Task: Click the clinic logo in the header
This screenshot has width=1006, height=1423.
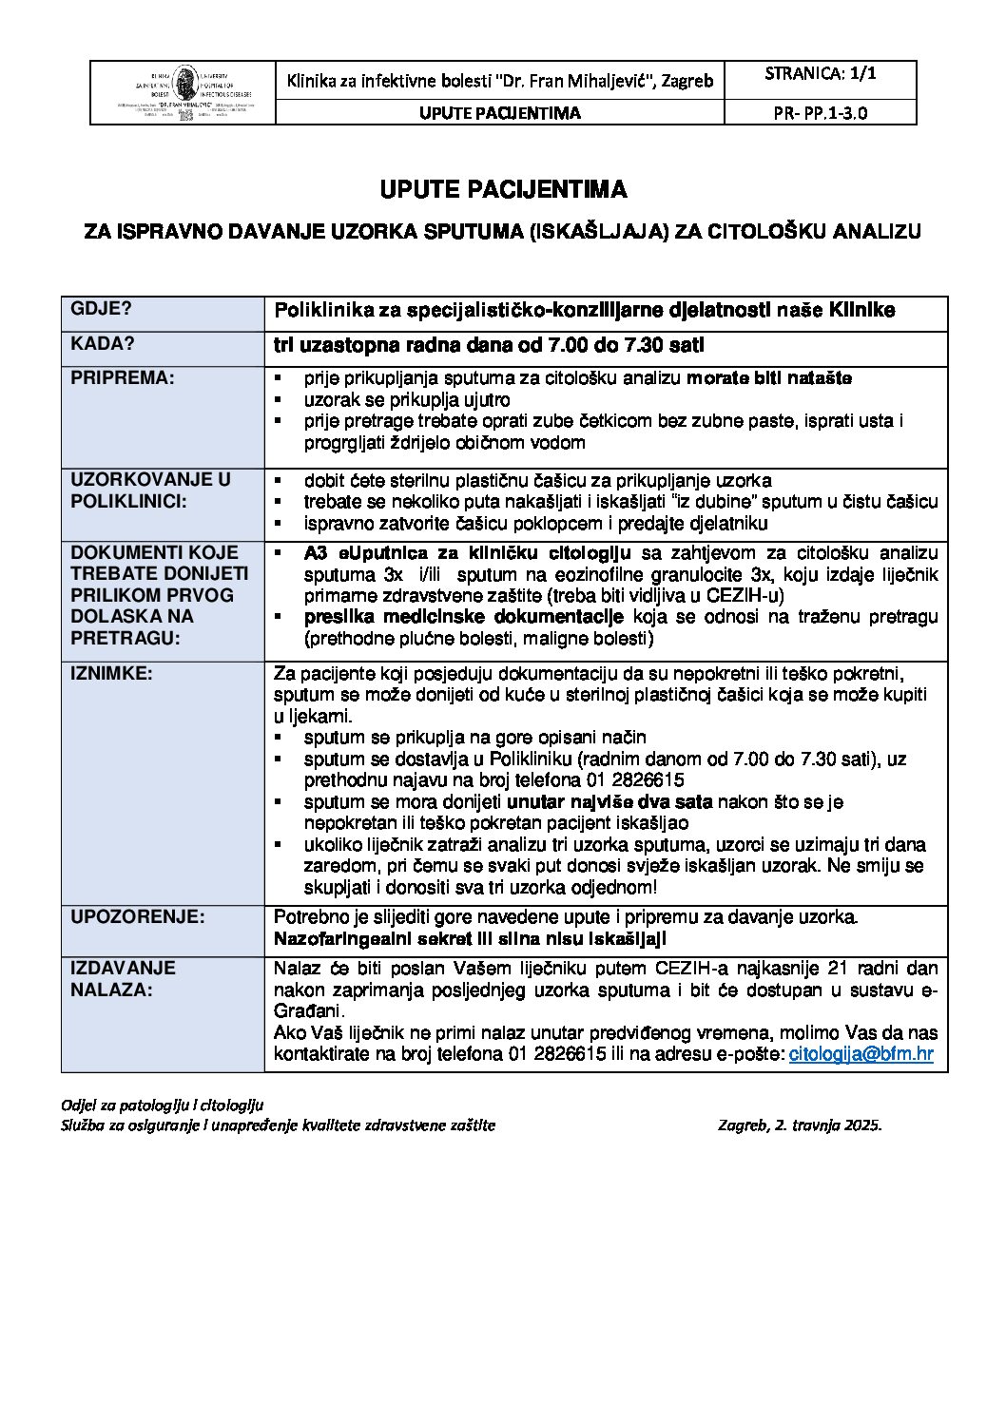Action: point(183,92)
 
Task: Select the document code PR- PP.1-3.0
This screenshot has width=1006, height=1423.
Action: point(820,112)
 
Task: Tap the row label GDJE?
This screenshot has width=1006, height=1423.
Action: point(101,309)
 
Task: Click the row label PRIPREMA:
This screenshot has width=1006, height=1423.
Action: point(123,377)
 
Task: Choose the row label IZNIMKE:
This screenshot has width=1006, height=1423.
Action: point(111,673)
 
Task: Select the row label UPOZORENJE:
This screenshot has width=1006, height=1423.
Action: point(137,917)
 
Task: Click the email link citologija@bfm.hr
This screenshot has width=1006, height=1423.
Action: point(861,1053)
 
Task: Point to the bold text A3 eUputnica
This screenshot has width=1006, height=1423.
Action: point(373,553)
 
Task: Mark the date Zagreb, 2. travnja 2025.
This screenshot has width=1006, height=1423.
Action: point(800,1125)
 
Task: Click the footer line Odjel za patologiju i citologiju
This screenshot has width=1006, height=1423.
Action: point(162,1105)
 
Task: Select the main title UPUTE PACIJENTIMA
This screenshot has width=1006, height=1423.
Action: point(503,190)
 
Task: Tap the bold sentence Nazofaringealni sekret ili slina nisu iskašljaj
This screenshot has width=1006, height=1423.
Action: point(470,939)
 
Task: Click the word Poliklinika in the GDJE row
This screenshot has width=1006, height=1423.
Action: point(322,310)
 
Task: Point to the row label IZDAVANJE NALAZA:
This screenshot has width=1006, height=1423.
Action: point(123,978)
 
